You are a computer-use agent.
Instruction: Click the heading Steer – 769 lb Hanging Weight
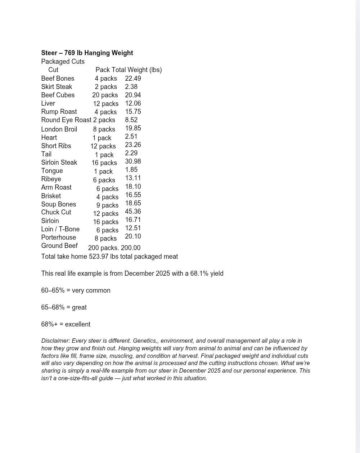tap(87, 53)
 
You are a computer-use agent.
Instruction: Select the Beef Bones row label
tap(58, 79)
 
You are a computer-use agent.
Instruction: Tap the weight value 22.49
tap(133, 79)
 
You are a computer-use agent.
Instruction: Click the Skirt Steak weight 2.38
tap(131, 87)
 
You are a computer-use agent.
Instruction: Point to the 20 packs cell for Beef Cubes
tap(105, 95)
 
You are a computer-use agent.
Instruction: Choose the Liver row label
tap(48, 103)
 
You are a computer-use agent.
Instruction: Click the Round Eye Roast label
tap(66, 120)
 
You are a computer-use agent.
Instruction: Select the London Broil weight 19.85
tap(133, 128)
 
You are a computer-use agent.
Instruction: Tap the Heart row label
tap(49, 138)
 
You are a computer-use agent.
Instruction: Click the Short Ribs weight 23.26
tap(133, 145)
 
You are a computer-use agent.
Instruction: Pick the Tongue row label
tap(52, 171)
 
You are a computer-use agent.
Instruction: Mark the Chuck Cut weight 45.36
tap(133, 212)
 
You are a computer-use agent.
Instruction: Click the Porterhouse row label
tap(58, 237)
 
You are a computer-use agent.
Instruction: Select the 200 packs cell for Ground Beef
tap(103, 248)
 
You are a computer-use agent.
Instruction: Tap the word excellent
tap(77, 324)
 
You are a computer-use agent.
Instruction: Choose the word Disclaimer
tap(55, 341)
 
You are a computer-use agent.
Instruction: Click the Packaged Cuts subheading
tap(63, 62)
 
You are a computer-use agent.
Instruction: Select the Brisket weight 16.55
tap(133, 195)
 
